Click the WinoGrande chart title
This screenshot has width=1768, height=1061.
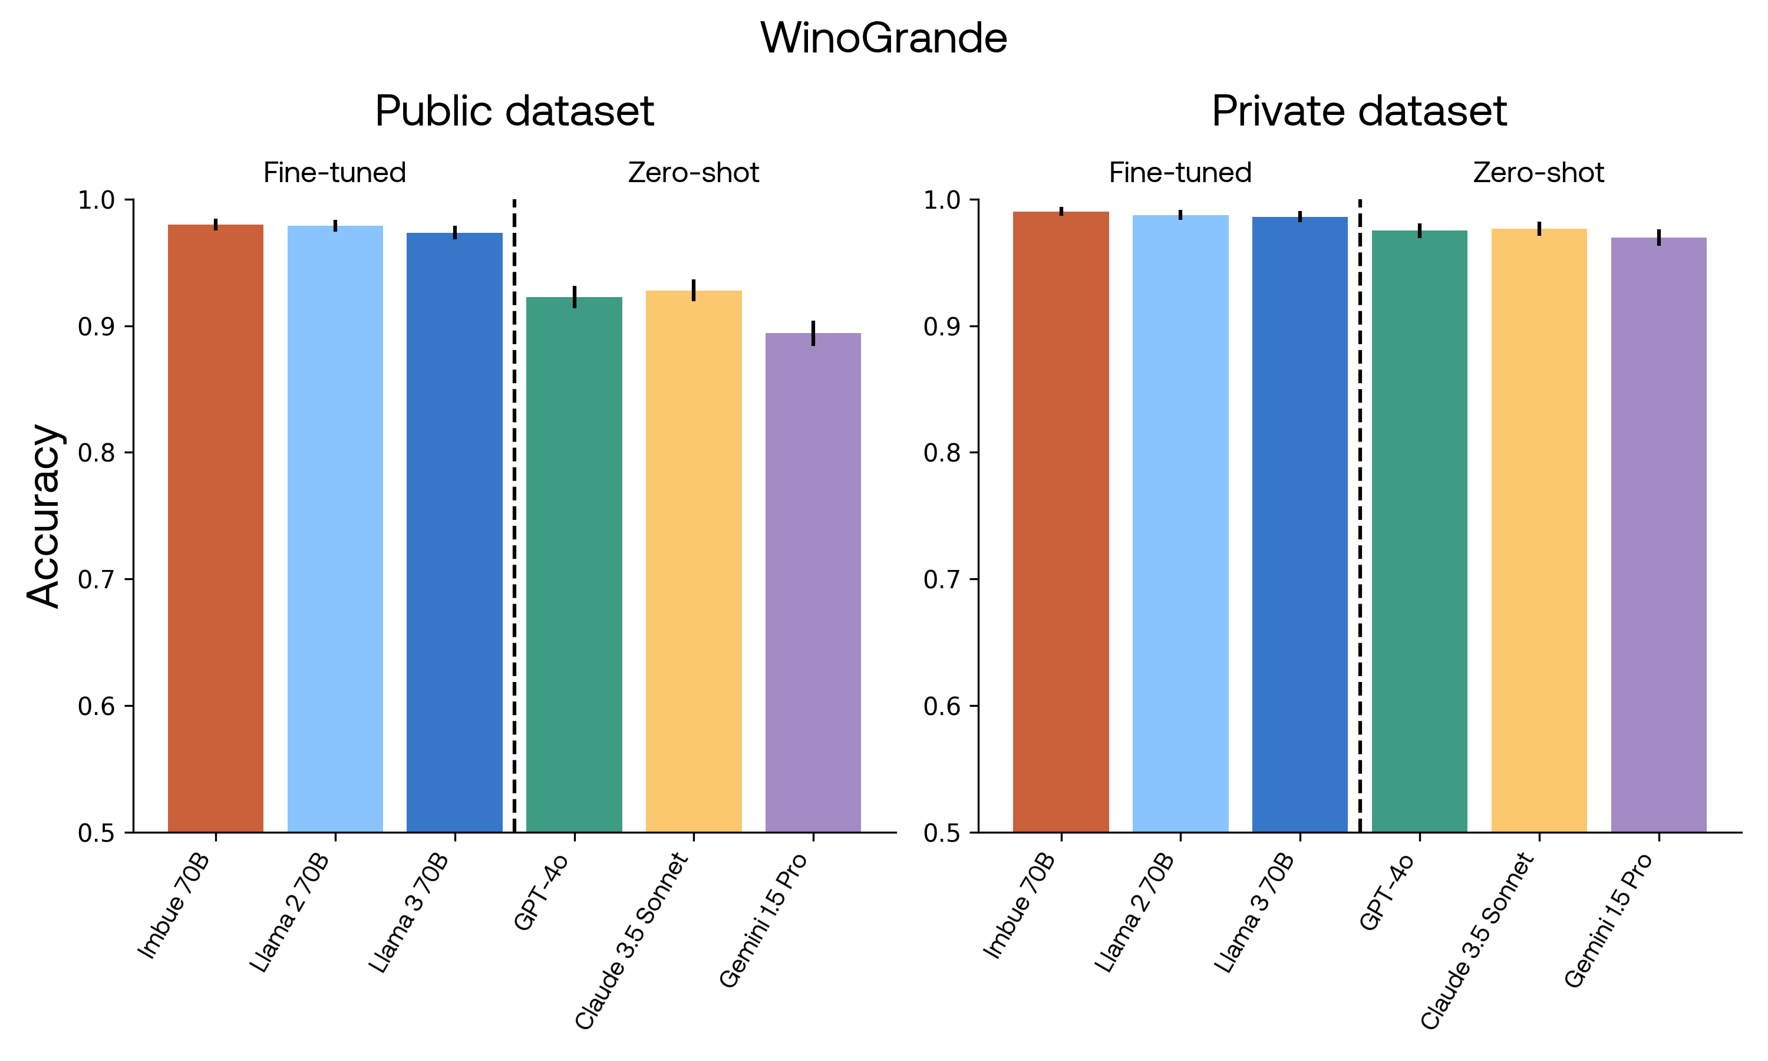point(883,38)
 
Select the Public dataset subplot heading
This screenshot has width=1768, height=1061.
point(514,111)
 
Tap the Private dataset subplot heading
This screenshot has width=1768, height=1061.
point(1359,111)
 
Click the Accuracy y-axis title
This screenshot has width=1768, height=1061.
point(44,516)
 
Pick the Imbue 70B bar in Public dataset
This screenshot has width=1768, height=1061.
point(216,529)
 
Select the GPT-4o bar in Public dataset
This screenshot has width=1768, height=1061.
point(574,565)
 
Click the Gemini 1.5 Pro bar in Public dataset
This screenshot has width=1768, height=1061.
point(813,583)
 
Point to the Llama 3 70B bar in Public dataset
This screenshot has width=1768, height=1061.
point(454,533)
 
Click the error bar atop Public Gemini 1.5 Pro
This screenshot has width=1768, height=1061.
point(813,333)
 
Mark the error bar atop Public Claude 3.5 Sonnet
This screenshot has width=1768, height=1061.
point(693,290)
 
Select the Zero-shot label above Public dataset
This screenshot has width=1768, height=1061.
point(693,173)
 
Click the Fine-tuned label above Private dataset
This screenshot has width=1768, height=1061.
point(1180,173)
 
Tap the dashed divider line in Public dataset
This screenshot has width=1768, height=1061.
point(514,515)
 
